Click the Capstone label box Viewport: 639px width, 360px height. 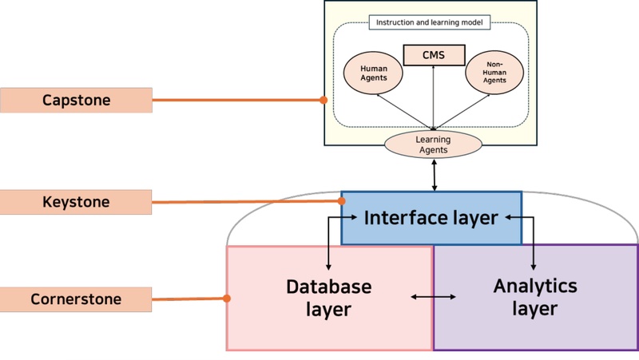click(x=76, y=101)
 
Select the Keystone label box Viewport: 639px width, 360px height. click(x=76, y=202)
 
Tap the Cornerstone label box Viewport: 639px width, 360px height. click(x=76, y=300)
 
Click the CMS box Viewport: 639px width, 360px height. click(x=434, y=55)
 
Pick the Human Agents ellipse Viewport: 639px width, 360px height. click(x=375, y=74)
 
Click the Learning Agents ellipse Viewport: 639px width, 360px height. click(x=434, y=144)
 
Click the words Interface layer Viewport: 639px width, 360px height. click(x=431, y=217)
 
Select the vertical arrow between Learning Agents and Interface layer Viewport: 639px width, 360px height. click(x=435, y=175)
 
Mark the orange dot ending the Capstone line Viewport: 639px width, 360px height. click(x=323, y=101)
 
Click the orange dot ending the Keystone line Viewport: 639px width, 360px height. click(x=341, y=201)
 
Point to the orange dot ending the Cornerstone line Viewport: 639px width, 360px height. click(x=228, y=299)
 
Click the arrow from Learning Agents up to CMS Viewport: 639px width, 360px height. click(x=434, y=96)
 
